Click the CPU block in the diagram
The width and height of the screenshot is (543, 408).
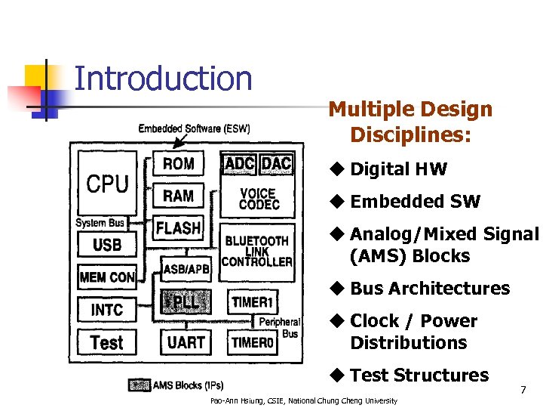[107, 184]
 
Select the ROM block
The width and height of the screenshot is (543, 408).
[178, 164]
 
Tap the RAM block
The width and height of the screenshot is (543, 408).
[178, 196]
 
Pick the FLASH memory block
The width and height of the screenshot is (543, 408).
[178, 227]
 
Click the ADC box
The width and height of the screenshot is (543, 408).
[240, 164]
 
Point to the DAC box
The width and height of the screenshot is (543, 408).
[276, 164]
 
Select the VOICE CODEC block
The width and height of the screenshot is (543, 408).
[258, 199]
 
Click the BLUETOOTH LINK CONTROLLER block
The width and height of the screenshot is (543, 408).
[257, 251]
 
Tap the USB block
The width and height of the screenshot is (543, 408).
[107, 245]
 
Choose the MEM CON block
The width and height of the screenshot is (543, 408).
[107, 277]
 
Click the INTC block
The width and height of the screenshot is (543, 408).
[107, 310]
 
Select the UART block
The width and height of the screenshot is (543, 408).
[186, 342]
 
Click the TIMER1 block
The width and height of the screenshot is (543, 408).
[252, 302]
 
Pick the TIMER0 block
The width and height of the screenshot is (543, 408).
[252, 342]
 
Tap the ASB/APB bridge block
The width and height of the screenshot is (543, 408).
[186, 268]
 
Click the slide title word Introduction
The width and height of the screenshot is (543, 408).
[163, 79]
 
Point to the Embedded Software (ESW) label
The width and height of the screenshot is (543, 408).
[194, 128]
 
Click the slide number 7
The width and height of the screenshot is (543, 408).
[523, 391]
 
